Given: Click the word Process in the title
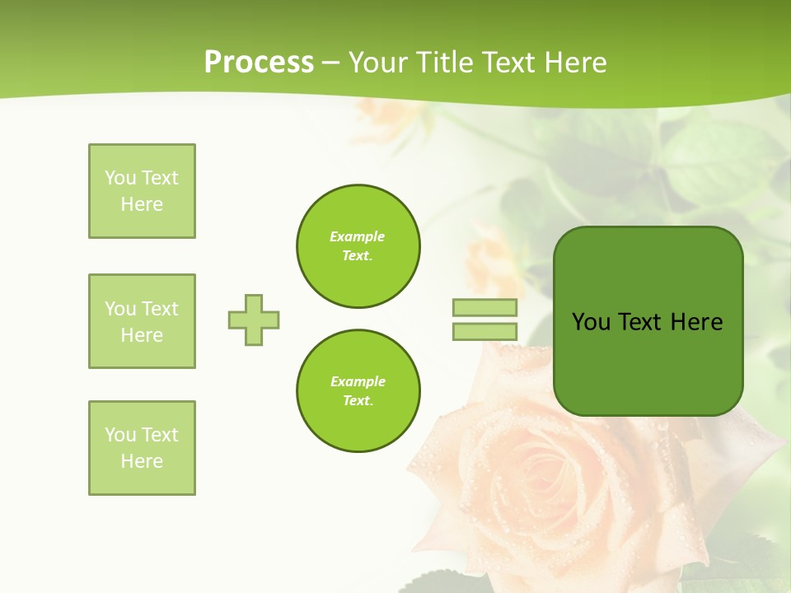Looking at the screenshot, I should tap(259, 63).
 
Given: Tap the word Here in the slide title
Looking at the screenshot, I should tap(576, 63).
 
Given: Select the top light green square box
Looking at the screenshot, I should tap(142, 191).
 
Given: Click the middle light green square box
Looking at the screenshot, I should tap(142, 321).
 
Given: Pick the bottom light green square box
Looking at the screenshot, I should tap(142, 448).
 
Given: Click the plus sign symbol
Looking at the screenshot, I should tap(254, 320).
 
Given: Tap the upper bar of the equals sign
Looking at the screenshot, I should tap(484, 307).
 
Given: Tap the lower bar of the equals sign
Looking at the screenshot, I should tap(484, 332).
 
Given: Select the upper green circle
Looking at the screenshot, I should tap(358, 246).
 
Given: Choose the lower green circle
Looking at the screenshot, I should tap(358, 391).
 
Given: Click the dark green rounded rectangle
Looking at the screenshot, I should tap(648, 362).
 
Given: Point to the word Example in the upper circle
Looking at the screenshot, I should tap(358, 236).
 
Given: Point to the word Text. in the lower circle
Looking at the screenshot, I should tap(358, 401).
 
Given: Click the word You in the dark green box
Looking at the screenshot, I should tap(590, 322).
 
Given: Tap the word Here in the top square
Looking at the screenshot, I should tap(142, 204).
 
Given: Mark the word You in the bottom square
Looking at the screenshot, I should tap(120, 435).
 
